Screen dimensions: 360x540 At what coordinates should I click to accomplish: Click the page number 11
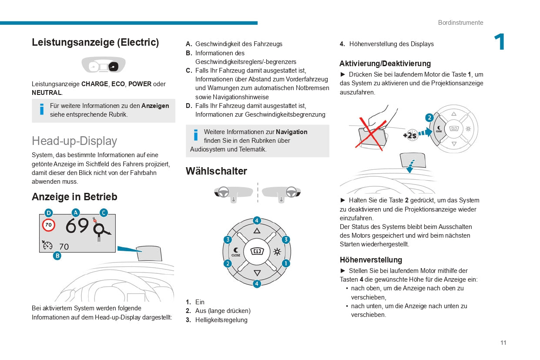click(x=503, y=343)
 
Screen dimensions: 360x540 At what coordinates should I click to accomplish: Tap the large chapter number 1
click(x=500, y=43)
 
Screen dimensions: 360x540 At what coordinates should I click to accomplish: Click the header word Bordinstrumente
click(x=460, y=23)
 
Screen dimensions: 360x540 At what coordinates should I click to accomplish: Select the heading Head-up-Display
click(x=74, y=141)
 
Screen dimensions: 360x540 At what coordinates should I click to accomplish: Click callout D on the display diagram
click(x=49, y=213)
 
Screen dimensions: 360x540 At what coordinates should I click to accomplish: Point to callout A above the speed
click(x=76, y=213)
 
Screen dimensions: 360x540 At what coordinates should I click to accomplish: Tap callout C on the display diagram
click(x=104, y=213)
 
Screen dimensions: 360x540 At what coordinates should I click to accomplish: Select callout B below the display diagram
click(x=57, y=256)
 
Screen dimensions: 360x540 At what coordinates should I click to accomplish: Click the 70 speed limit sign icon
click(x=49, y=225)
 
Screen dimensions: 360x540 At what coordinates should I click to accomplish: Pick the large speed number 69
click(x=77, y=226)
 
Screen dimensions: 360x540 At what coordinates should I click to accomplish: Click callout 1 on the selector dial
click(x=285, y=263)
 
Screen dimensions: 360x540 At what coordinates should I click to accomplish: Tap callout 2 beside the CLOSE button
click(x=227, y=263)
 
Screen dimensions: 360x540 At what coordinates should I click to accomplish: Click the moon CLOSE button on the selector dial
click(x=236, y=252)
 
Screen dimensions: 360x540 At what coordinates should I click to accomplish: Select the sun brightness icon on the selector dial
click(x=277, y=252)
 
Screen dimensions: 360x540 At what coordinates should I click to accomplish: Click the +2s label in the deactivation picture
click(x=409, y=135)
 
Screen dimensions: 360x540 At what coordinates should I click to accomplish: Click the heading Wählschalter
click(x=216, y=171)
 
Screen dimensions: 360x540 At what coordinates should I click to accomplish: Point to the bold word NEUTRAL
click(x=47, y=93)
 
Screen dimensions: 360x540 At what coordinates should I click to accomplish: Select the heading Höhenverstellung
click(x=371, y=260)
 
